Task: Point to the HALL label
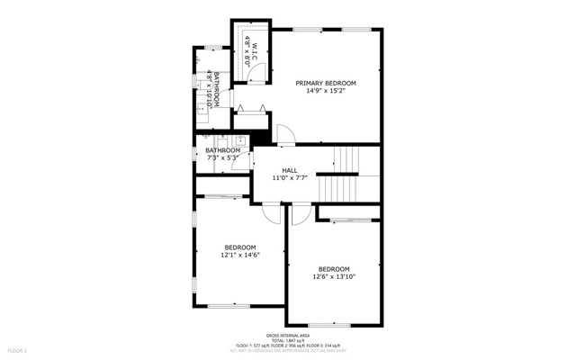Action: tap(290, 170)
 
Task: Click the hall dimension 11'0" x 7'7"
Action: tap(290, 178)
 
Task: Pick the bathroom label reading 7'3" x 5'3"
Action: tap(222, 158)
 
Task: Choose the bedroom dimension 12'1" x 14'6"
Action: tap(240, 256)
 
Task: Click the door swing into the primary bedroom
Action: tap(284, 136)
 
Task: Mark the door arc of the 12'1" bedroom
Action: tap(271, 213)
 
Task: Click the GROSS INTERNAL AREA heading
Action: tap(287, 334)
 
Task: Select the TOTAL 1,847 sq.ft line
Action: tap(287, 339)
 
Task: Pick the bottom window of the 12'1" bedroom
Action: tap(229, 306)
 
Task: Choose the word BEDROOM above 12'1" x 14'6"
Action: tap(240, 247)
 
